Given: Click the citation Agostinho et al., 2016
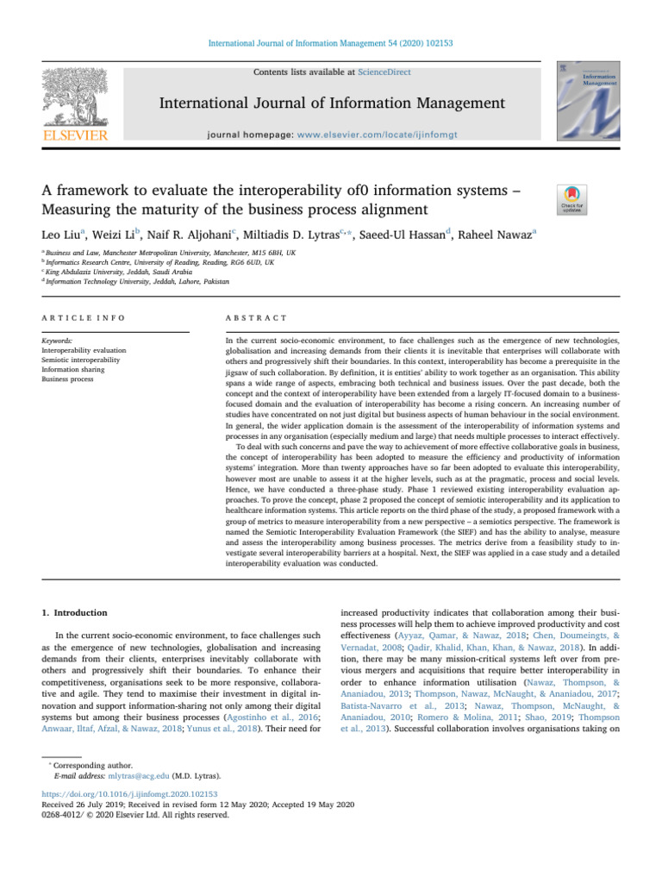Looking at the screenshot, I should click(x=264, y=718).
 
